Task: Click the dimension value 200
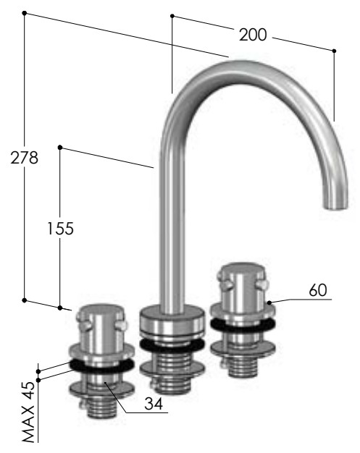[253, 35]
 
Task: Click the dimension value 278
[25, 158]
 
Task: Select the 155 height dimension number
[60, 228]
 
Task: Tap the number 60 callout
[318, 289]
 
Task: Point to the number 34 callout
[154, 404]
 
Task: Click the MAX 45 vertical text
[28, 412]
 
